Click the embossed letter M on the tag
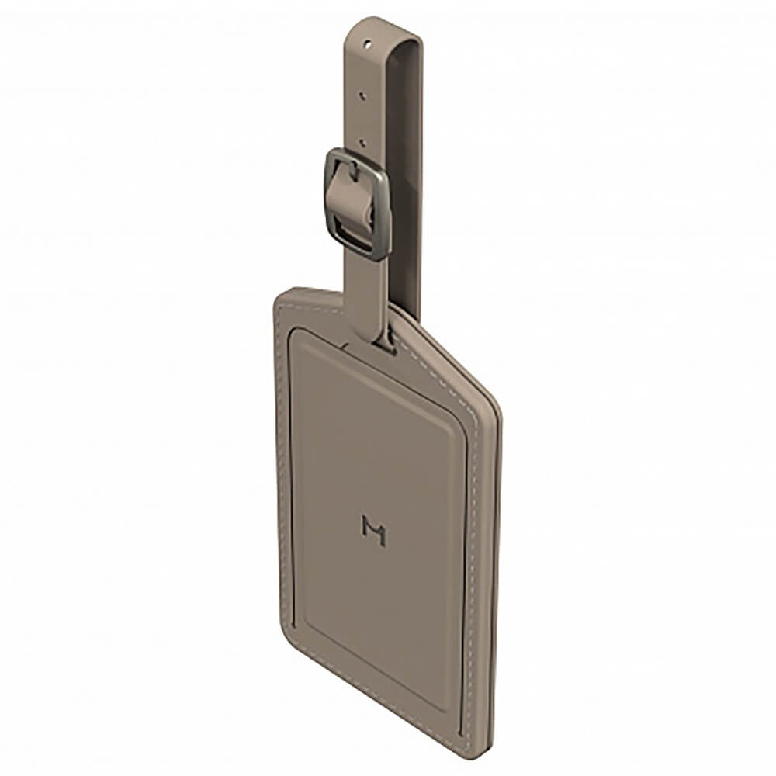374,530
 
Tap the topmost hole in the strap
367,45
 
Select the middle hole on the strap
362,94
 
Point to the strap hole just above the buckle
362,143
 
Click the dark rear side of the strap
406,173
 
